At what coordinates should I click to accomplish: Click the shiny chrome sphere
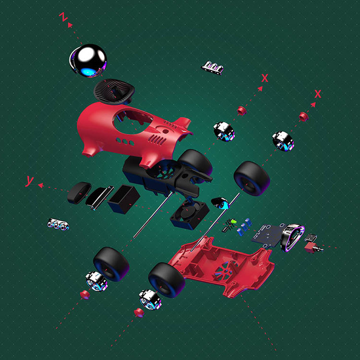point(89,60)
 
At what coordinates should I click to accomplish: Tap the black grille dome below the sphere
point(114,91)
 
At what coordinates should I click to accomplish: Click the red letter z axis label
point(63,17)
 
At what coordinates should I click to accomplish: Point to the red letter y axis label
point(30,181)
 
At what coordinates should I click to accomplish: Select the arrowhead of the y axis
point(40,185)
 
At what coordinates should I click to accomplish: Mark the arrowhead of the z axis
point(70,25)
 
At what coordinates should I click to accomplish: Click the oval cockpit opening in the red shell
point(133,122)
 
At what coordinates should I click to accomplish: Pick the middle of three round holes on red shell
point(125,141)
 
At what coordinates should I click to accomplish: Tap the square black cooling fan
point(190,215)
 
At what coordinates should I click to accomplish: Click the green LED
point(234,221)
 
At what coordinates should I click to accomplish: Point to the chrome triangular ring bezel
point(291,238)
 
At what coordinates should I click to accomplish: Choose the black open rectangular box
point(123,199)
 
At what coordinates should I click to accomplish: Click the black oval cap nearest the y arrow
point(79,193)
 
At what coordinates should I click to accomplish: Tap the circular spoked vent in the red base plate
point(224,269)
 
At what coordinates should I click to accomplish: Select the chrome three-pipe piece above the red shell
point(213,68)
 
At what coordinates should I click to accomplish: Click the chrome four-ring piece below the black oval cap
point(58,224)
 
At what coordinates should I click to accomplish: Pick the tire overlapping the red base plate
point(167,280)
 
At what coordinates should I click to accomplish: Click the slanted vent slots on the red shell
point(157,140)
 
